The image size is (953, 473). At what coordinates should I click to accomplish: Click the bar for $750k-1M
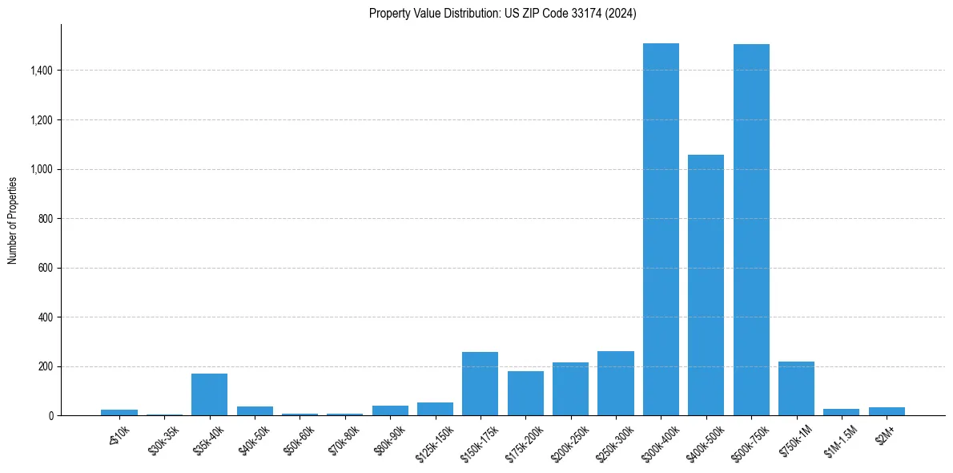(x=796, y=389)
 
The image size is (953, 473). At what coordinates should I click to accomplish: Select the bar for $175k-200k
(x=525, y=393)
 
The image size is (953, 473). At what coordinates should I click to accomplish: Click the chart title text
(x=503, y=14)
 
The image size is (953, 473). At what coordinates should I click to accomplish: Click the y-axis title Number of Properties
(x=13, y=220)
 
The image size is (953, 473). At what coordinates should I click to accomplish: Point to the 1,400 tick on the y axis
(x=41, y=71)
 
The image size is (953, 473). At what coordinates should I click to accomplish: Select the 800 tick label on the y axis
(x=46, y=219)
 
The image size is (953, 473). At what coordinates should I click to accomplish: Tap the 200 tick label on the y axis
(x=46, y=366)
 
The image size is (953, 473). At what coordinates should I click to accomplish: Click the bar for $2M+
(x=887, y=411)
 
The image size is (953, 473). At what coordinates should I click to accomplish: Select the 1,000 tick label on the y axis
(x=41, y=169)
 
